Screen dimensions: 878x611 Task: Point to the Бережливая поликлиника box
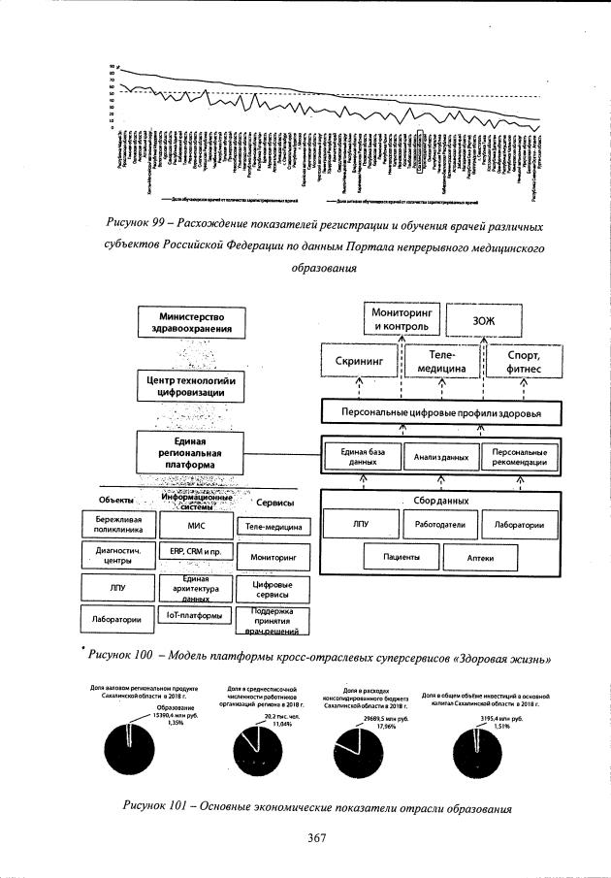[115, 525]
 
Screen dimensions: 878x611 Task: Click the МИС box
[196, 525]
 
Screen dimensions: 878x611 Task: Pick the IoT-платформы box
[196, 615]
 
